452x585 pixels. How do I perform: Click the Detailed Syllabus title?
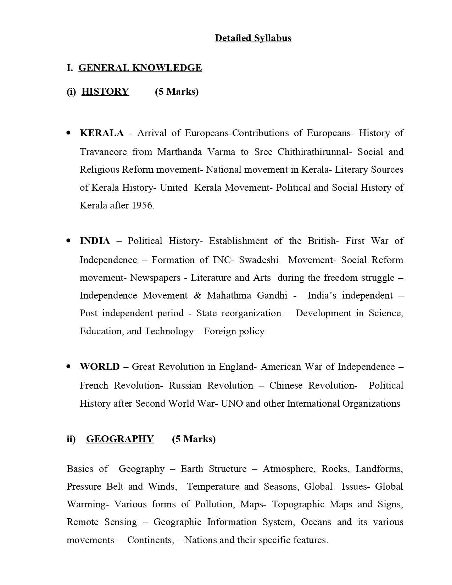(253, 38)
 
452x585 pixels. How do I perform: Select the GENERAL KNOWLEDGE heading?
(140, 68)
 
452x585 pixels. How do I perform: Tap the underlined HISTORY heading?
(105, 91)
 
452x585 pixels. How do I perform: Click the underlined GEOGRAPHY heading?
(120, 439)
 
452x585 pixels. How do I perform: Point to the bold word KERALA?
(102, 133)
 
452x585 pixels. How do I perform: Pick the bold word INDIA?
(95, 241)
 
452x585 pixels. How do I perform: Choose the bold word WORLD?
(100, 367)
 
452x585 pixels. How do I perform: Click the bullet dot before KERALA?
(69, 133)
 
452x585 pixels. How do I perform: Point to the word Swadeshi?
(258, 260)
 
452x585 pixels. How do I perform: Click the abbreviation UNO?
(231, 404)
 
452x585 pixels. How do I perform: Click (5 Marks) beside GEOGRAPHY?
(194, 439)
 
